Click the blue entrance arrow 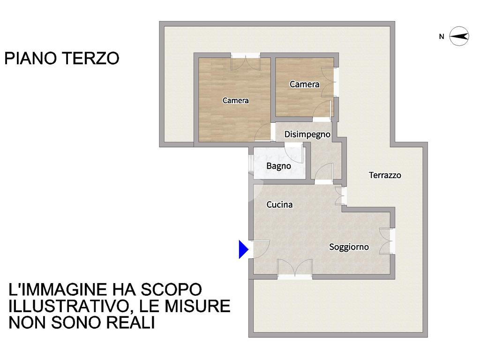tap(243, 249)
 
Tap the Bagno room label tap(278, 166)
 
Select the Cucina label tap(279, 204)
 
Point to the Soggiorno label tap(349, 247)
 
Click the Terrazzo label tap(385, 175)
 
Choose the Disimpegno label tap(307, 135)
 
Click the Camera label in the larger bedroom tap(235, 100)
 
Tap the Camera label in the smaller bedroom tap(304, 84)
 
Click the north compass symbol tap(459, 37)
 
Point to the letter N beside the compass tap(442, 37)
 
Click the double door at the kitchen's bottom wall tap(295, 269)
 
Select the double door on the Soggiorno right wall tap(386, 241)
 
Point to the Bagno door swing tap(293, 152)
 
